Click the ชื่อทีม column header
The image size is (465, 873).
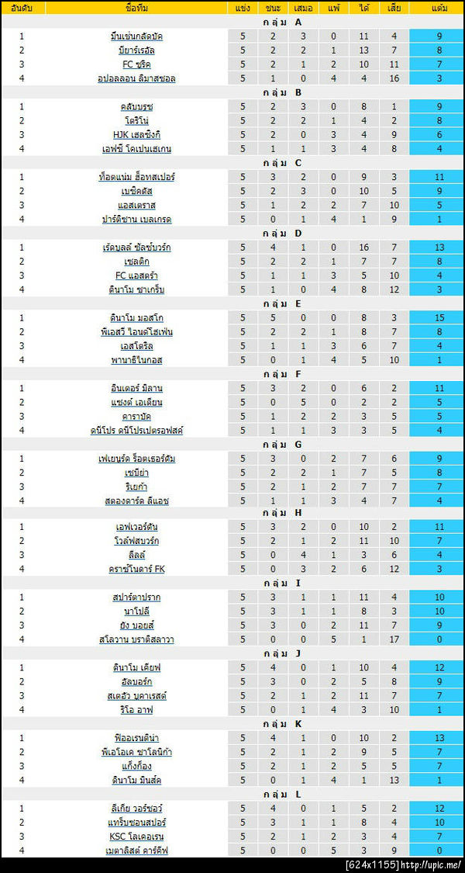(136, 8)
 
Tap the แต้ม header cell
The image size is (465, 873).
(439, 8)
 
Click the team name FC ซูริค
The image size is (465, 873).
(136, 64)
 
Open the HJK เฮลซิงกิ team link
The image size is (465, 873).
(136, 135)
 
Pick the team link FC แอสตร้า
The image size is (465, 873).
(136, 275)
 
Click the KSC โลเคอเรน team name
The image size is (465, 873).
(136, 836)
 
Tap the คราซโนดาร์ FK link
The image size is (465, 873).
(136, 569)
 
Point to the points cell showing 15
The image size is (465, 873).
(439, 318)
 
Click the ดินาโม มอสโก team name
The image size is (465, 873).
(136, 318)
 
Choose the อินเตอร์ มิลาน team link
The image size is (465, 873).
(136, 388)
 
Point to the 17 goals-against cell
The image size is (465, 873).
(394, 639)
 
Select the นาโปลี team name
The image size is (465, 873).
(136, 611)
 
